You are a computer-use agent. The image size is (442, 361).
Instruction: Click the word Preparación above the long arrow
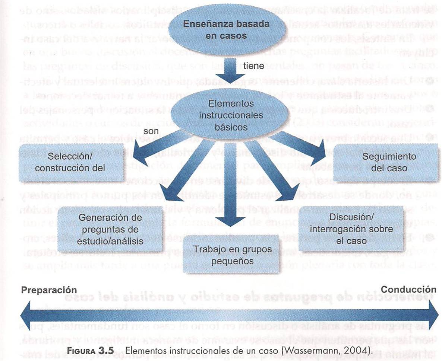(x=49, y=290)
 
